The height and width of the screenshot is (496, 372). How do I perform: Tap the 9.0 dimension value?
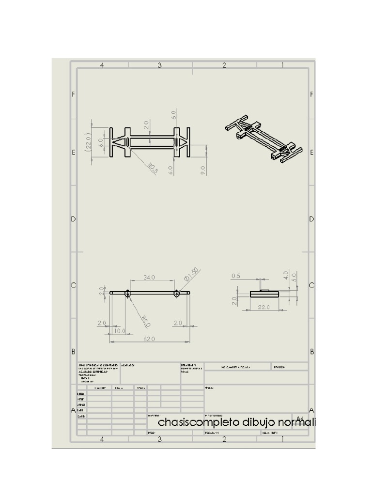(203, 169)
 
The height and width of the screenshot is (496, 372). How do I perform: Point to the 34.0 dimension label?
(149, 277)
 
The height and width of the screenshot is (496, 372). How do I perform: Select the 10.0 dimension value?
(119, 331)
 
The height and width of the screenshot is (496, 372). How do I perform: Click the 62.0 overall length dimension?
(149, 339)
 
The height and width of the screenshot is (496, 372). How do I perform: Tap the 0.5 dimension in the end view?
(236, 276)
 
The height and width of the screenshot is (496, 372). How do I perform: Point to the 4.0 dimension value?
(286, 275)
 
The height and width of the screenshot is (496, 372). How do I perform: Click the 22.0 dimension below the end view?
(264, 307)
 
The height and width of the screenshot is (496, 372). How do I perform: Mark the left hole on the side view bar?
(127, 293)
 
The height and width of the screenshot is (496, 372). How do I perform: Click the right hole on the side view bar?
(177, 293)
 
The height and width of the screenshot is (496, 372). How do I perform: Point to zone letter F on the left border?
(74, 94)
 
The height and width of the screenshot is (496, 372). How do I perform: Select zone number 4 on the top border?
(102, 65)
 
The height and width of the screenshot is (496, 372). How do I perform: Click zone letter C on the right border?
(311, 285)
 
